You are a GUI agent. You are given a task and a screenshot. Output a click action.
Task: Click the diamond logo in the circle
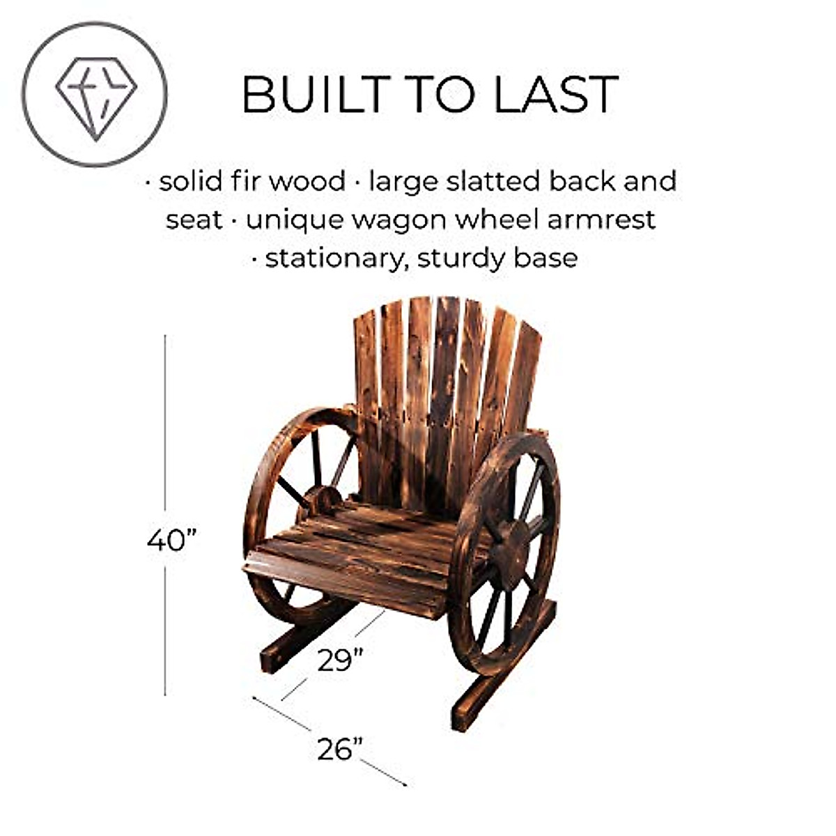pyautogui.click(x=95, y=95)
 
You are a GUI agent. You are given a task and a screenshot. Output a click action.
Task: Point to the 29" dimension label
pyautogui.click(x=340, y=659)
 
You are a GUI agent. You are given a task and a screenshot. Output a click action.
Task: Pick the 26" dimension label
pyautogui.click(x=340, y=749)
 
